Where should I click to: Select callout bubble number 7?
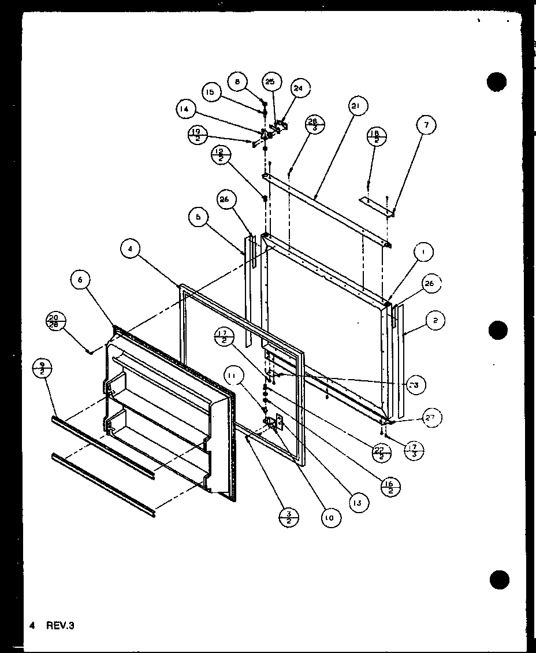tap(427, 125)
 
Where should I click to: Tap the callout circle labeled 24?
tap(298, 88)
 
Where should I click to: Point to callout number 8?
tap(237, 82)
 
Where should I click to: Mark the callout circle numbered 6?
tap(80, 280)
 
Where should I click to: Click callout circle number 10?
tap(329, 518)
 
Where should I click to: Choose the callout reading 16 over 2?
tap(392, 486)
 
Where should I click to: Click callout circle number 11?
tap(232, 379)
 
